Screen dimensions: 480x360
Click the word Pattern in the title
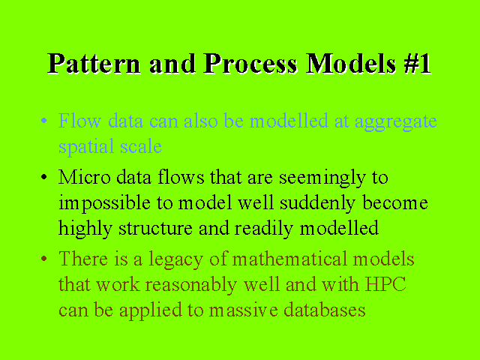94,64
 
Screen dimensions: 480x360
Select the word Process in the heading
250,64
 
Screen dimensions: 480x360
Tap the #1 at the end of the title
418,64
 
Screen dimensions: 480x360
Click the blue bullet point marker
44,121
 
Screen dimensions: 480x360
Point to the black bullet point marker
44,177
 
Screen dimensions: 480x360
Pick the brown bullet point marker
44,259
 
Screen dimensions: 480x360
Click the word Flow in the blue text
79,121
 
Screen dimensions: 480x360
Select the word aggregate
396,122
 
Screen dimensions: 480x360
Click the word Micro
85,177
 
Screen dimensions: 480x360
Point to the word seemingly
322,178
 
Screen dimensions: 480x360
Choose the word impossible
104,204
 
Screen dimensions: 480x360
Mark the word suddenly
317,204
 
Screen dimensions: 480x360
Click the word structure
155,229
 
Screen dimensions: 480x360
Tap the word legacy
176,260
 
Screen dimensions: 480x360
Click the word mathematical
289,259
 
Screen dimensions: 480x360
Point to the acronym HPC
385,284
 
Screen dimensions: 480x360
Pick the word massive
243,310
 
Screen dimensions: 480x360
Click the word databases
325,310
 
